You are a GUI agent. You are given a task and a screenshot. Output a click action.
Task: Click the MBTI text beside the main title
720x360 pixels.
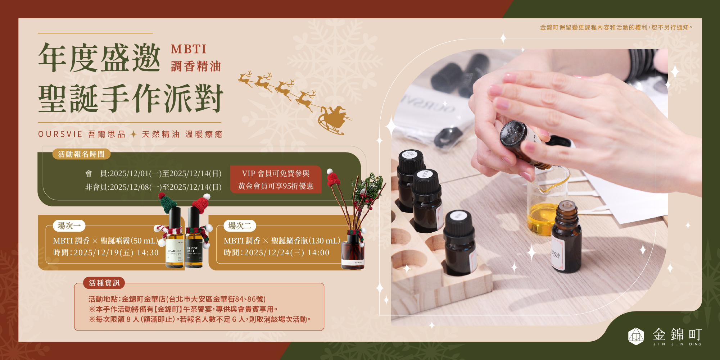coord(189,49)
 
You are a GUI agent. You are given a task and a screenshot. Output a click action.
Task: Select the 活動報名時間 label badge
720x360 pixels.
coord(81,154)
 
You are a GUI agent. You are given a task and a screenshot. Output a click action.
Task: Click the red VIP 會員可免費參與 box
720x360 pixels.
coord(276,179)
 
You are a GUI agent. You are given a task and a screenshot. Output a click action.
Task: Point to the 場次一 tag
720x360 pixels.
coord(69,226)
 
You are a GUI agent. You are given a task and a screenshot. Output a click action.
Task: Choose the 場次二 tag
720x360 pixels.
coord(240,226)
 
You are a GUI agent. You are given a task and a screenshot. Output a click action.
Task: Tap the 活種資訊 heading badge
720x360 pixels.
coord(104,283)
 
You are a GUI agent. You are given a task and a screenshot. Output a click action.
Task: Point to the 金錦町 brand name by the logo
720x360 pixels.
coord(677,334)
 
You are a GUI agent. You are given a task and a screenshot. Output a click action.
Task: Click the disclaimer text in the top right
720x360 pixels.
coord(616,27)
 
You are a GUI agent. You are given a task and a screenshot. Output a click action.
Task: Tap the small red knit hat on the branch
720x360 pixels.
coord(333,178)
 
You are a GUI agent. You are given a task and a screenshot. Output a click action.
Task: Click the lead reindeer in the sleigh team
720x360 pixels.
coord(245,79)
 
